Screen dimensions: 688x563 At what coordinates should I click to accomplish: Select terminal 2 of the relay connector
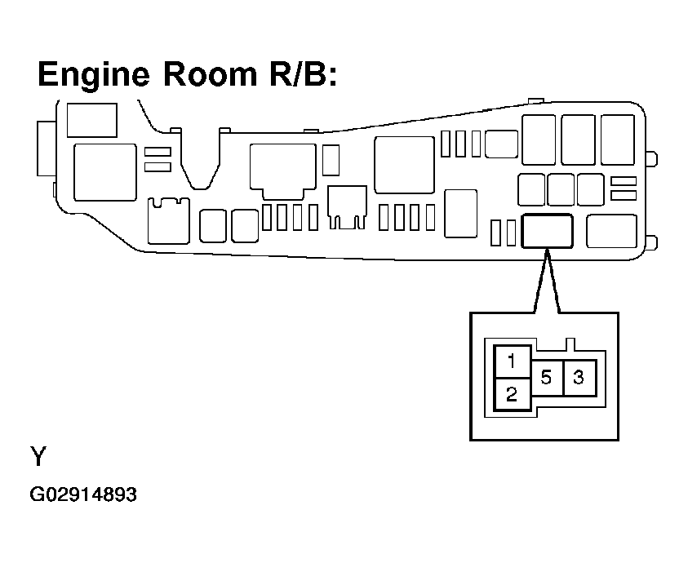coord(511,395)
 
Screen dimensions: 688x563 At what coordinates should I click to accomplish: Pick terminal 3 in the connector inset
coord(579,378)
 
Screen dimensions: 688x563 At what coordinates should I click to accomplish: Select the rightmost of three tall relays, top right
coord(617,140)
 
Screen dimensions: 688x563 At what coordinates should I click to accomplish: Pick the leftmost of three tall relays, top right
coord(539,140)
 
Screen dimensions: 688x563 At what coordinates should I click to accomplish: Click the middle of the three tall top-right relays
coord(578,140)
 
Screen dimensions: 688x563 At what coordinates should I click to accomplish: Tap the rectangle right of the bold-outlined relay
coord(610,231)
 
